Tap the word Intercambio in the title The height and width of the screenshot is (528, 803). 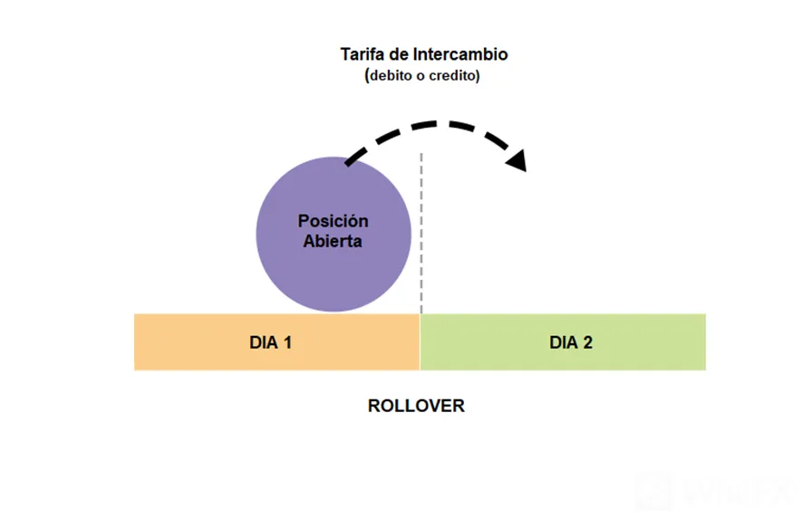[x=460, y=54]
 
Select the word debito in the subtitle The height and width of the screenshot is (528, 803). [x=391, y=76]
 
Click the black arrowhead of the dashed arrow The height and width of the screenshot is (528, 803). [x=517, y=160]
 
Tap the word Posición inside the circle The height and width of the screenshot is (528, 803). [x=333, y=221]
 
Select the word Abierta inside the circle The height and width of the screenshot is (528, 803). [x=333, y=241]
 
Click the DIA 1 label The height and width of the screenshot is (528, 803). [x=270, y=342]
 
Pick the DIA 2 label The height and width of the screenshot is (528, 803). [x=571, y=342]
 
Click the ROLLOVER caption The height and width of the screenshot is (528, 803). [x=416, y=406]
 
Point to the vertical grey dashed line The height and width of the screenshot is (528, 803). [x=421, y=233]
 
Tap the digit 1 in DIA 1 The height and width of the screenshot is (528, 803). [x=288, y=342]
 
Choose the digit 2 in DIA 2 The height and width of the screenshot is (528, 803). [x=588, y=342]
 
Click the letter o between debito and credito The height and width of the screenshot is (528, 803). [x=421, y=76]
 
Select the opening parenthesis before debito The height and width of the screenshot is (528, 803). [x=367, y=76]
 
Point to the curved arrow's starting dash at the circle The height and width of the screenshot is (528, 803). [x=355, y=156]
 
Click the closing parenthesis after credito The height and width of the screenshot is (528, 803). [x=478, y=76]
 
